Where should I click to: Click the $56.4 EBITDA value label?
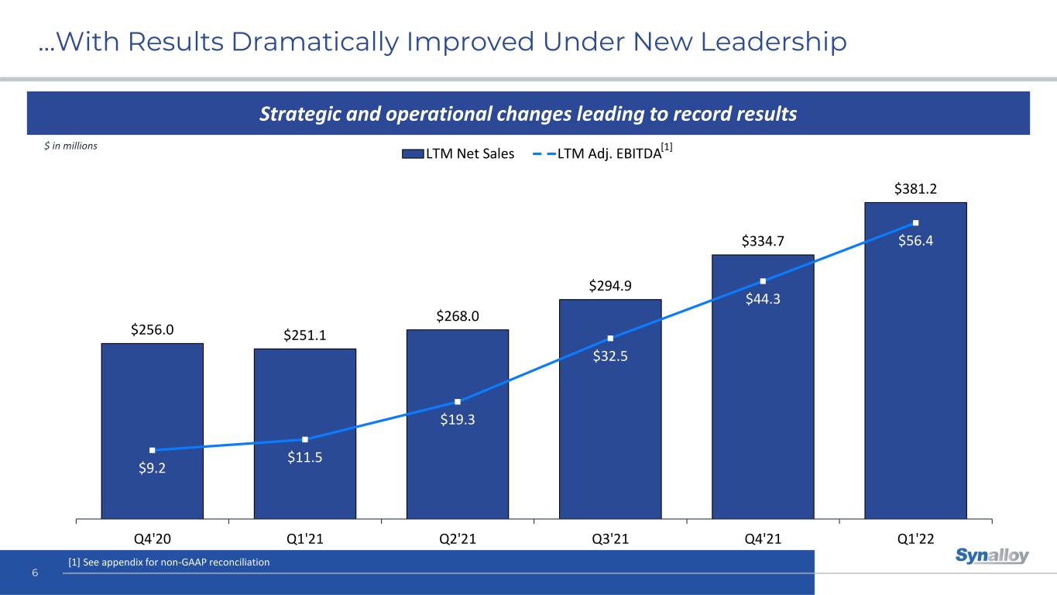point(915,240)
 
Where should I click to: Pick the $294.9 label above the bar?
point(610,286)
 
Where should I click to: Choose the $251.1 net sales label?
point(304,335)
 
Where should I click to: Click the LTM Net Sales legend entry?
point(458,153)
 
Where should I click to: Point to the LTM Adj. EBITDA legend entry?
point(600,153)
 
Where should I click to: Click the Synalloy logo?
point(992,555)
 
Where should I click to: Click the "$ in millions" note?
point(70,146)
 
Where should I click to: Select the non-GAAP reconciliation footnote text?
point(169,562)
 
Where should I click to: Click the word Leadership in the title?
point(774,43)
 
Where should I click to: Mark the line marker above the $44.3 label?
point(763,281)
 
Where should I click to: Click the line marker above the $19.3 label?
point(458,401)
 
